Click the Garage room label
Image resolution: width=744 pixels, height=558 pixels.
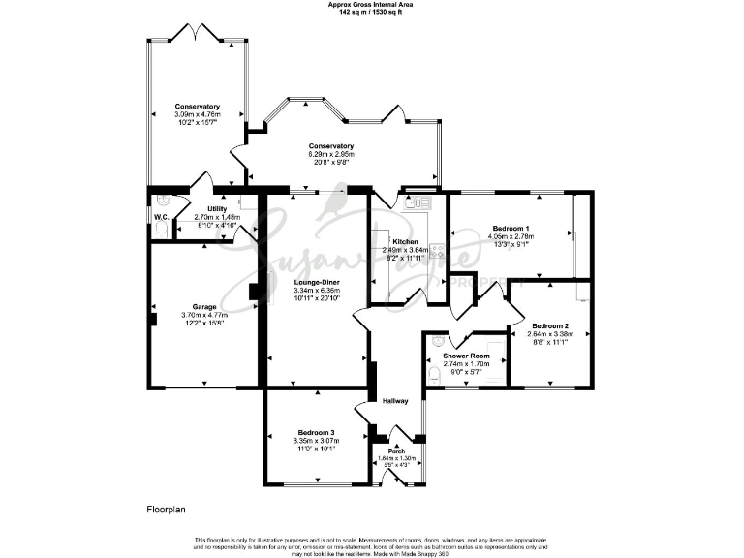pyautogui.click(x=204, y=307)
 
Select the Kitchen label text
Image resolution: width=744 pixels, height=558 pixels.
pyautogui.click(x=405, y=240)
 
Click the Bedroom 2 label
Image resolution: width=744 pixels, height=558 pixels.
pyautogui.click(x=549, y=325)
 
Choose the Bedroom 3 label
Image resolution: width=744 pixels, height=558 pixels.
pyautogui.click(x=316, y=432)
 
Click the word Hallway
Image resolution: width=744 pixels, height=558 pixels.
pyautogui.click(x=394, y=401)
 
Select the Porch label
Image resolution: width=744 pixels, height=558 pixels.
pyautogui.click(x=395, y=450)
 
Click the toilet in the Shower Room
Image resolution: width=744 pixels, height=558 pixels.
pyautogui.click(x=432, y=370)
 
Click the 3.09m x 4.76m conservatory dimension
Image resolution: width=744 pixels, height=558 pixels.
pyautogui.click(x=198, y=115)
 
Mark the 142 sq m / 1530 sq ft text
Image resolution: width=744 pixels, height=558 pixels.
pyautogui.click(x=371, y=13)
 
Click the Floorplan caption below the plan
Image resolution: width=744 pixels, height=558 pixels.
pyautogui.click(x=167, y=508)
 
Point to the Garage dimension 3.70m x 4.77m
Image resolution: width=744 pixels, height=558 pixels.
pyautogui.click(x=204, y=316)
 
